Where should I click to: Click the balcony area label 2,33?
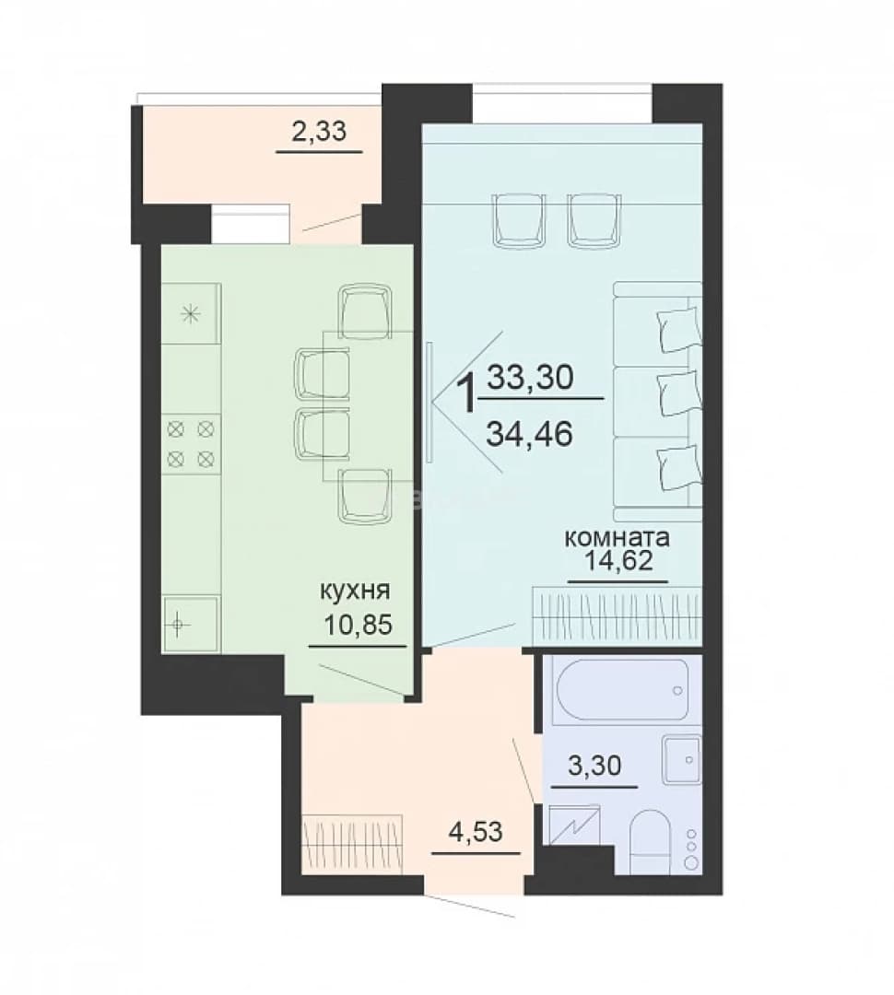319,132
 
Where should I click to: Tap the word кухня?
354,591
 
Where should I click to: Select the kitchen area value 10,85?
359,625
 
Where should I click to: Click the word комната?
618,538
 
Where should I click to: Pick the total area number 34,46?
530,434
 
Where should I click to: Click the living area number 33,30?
530,379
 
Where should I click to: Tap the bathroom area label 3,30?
595,766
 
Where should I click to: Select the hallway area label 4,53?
476,831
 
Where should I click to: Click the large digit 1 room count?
467,393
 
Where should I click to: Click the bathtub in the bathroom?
621,690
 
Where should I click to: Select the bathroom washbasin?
682,759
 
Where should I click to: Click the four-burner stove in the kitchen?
191,443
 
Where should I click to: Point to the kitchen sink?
191,625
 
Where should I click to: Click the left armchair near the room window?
520,220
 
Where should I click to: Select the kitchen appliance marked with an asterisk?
191,313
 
